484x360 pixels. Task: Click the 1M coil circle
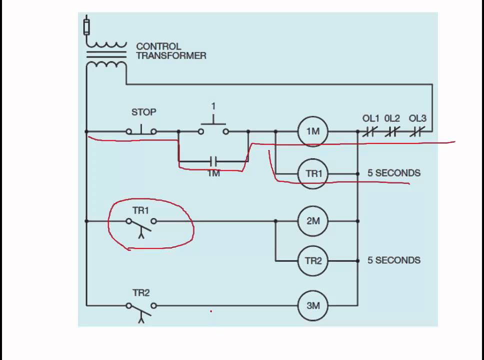tap(313, 131)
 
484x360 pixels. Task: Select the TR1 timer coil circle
tap(313, 174)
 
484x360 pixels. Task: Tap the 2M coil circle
tap(313, 220)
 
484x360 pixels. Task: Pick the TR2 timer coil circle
tap(313, 260)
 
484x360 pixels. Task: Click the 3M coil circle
tap(313, 305)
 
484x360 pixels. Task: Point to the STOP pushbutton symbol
tap(141, 130)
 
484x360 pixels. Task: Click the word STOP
tap(143, 112)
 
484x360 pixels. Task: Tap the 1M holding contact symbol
tap(213, 161)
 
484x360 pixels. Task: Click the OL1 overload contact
tap(369, 131)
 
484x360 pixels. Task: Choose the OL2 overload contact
tap(392, 131)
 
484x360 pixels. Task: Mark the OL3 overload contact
tap(417, 131)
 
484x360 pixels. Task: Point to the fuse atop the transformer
tap(86, 25)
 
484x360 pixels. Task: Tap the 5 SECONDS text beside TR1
tap(394, 173)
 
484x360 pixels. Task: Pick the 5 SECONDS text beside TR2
tap(394, 260)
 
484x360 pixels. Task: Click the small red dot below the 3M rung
tap(211, 311)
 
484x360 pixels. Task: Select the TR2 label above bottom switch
tap(141, 293)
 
